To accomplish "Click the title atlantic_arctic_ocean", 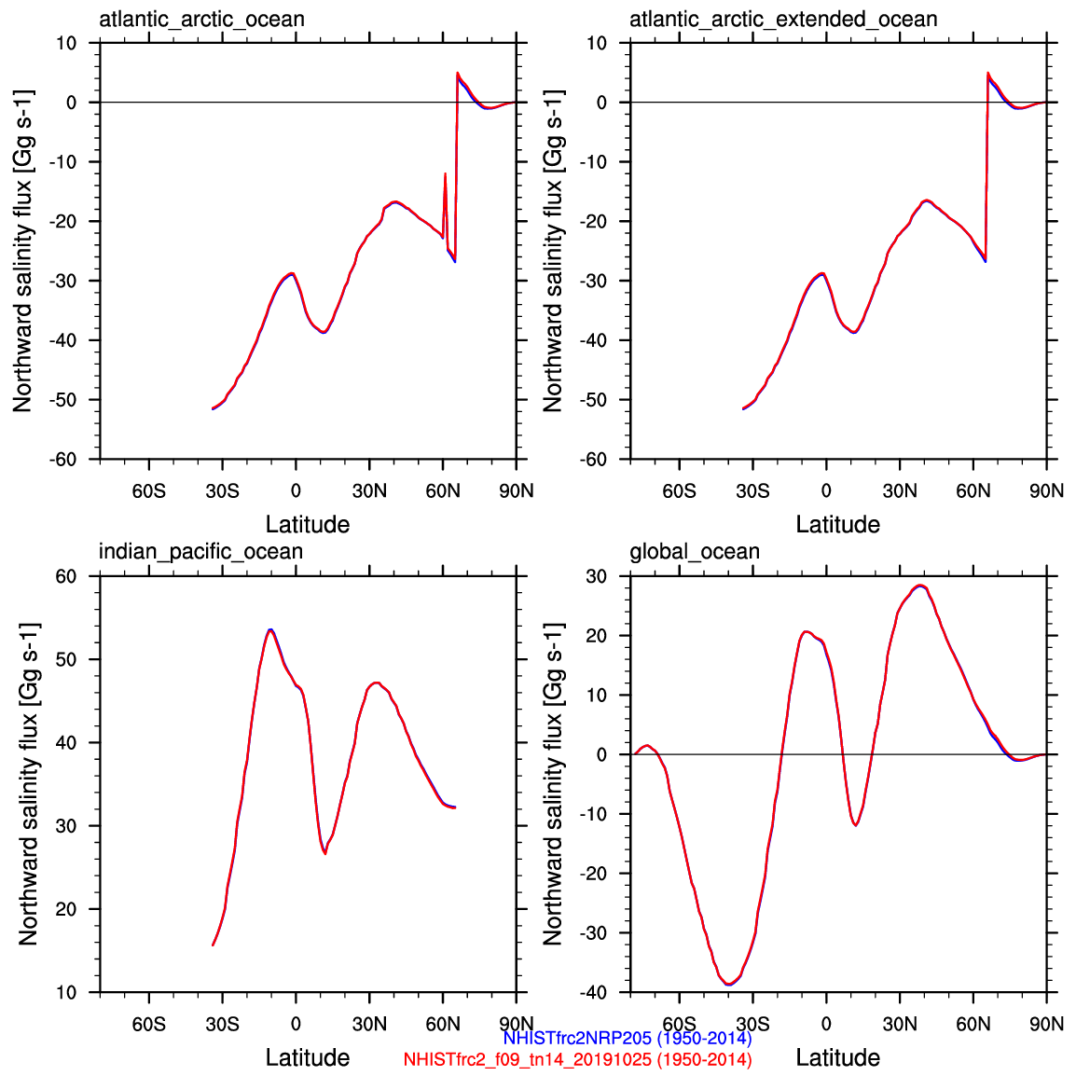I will point(201,19).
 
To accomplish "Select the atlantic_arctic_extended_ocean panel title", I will point(783,19).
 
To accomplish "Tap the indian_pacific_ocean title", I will point(200,551).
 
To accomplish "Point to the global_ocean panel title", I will point(695,551).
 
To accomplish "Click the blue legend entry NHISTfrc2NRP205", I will point(627,1038).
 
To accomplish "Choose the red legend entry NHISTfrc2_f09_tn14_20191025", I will point(577,1059).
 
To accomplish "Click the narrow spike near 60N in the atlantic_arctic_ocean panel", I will point(445,174).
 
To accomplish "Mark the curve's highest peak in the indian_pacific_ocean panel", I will point(269,630).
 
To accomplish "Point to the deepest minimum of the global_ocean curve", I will point(728,984).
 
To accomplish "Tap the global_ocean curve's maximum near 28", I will point(920,586).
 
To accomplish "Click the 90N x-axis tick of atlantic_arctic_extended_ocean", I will point(1046,490).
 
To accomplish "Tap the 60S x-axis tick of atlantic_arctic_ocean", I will point(148,490).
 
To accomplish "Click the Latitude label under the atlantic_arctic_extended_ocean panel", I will point(837,524).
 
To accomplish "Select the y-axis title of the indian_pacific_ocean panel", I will point(28,783).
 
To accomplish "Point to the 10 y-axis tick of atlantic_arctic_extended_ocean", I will point(596,43).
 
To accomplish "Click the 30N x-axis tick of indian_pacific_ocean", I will point(369,1024).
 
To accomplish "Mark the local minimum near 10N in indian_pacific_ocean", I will point(324,853).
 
